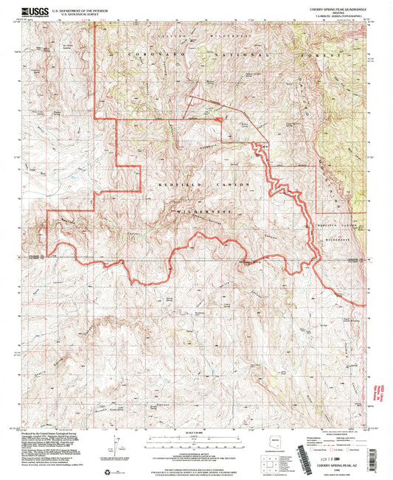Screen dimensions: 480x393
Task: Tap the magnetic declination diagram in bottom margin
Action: coord(111,445)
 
